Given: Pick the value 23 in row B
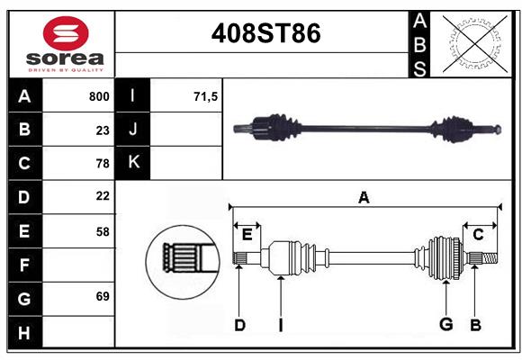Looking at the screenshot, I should pos(103,130).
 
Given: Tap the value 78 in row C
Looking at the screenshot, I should pos(103,164).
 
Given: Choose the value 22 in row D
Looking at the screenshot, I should pos(103,196).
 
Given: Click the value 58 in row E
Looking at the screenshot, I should pos(103,231).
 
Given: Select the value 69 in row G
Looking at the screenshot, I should pos(103,295).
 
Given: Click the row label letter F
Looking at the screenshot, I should pos(24,265).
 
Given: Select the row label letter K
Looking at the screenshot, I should pos(134,163).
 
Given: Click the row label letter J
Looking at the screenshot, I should pos(134,130).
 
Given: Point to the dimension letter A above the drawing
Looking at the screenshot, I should pos(364,197).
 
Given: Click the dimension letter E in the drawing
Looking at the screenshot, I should pos(247,235).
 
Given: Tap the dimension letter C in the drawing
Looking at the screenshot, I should pos(478,234).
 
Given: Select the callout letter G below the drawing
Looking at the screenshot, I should pos(445,325).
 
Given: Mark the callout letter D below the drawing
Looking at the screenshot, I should pos(239,325).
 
